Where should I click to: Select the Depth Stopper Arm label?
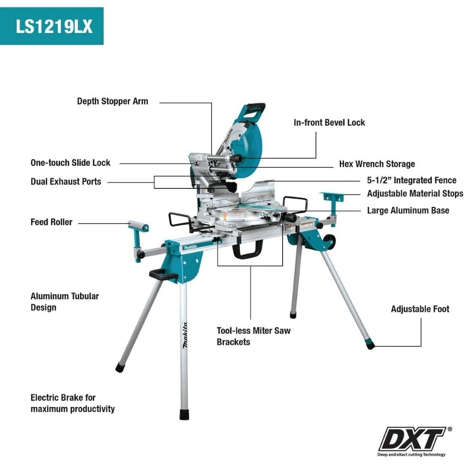[x=113, y=101]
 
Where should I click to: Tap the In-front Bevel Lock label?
[x=329, y=122]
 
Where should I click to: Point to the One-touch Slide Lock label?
[x=70, y=163]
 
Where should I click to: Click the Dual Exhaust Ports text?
[x=65, y=181]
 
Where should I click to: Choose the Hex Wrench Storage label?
[x=377, y=164]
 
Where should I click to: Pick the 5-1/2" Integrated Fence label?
[x=412, y=180]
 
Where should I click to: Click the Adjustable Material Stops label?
[x=415, y=194]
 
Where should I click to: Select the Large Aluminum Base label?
[x=408, y=211]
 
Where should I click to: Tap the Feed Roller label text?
[x=51, y=222]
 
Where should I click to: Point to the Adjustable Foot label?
[x=420, y=309]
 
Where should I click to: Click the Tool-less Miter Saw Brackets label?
[x=253, y=336]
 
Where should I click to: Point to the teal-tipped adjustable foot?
[x=370, y=345]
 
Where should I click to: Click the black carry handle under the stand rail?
[x=248, y=250]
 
